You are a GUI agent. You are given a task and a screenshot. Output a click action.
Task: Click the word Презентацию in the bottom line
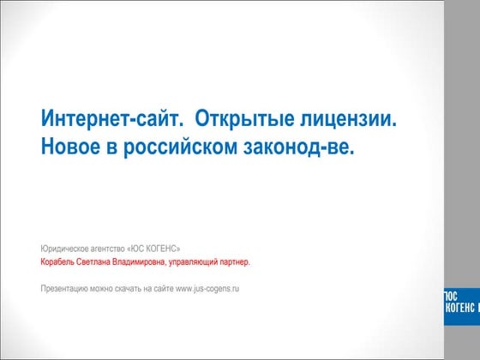65,289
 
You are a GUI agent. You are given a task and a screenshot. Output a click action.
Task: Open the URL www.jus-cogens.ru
207,289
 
